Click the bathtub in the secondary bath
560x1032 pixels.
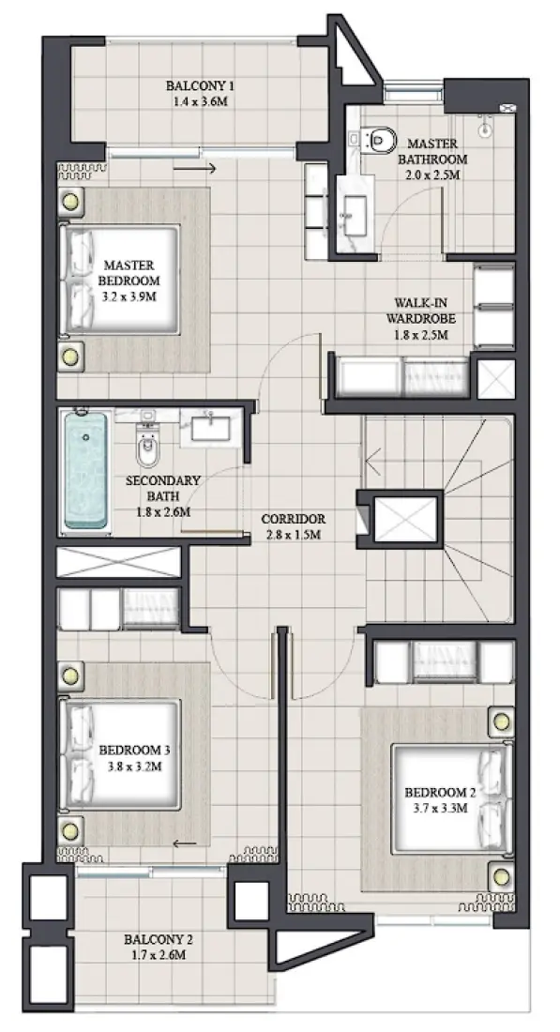(x=85, y=469)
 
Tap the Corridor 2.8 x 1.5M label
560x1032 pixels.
(x=293, y=526)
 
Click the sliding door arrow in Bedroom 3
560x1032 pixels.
(x=186, y=842)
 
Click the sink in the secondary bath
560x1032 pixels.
(x=213, y=428)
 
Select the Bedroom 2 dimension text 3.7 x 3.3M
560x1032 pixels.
(x=440, y=806)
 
